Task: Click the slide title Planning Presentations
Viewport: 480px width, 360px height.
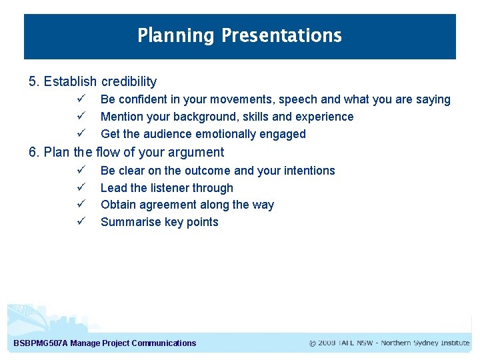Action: click(x=239, y=35)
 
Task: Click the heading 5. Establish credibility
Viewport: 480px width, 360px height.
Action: click(x=93, y=82)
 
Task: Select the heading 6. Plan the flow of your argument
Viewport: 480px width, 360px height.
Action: click(x=126, y=152)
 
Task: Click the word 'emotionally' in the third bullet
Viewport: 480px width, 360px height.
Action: click(x=225, y=134)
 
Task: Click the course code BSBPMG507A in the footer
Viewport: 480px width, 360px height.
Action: click(x=41, y=343)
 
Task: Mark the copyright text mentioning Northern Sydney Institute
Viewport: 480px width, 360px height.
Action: click(x=389, y=343)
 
